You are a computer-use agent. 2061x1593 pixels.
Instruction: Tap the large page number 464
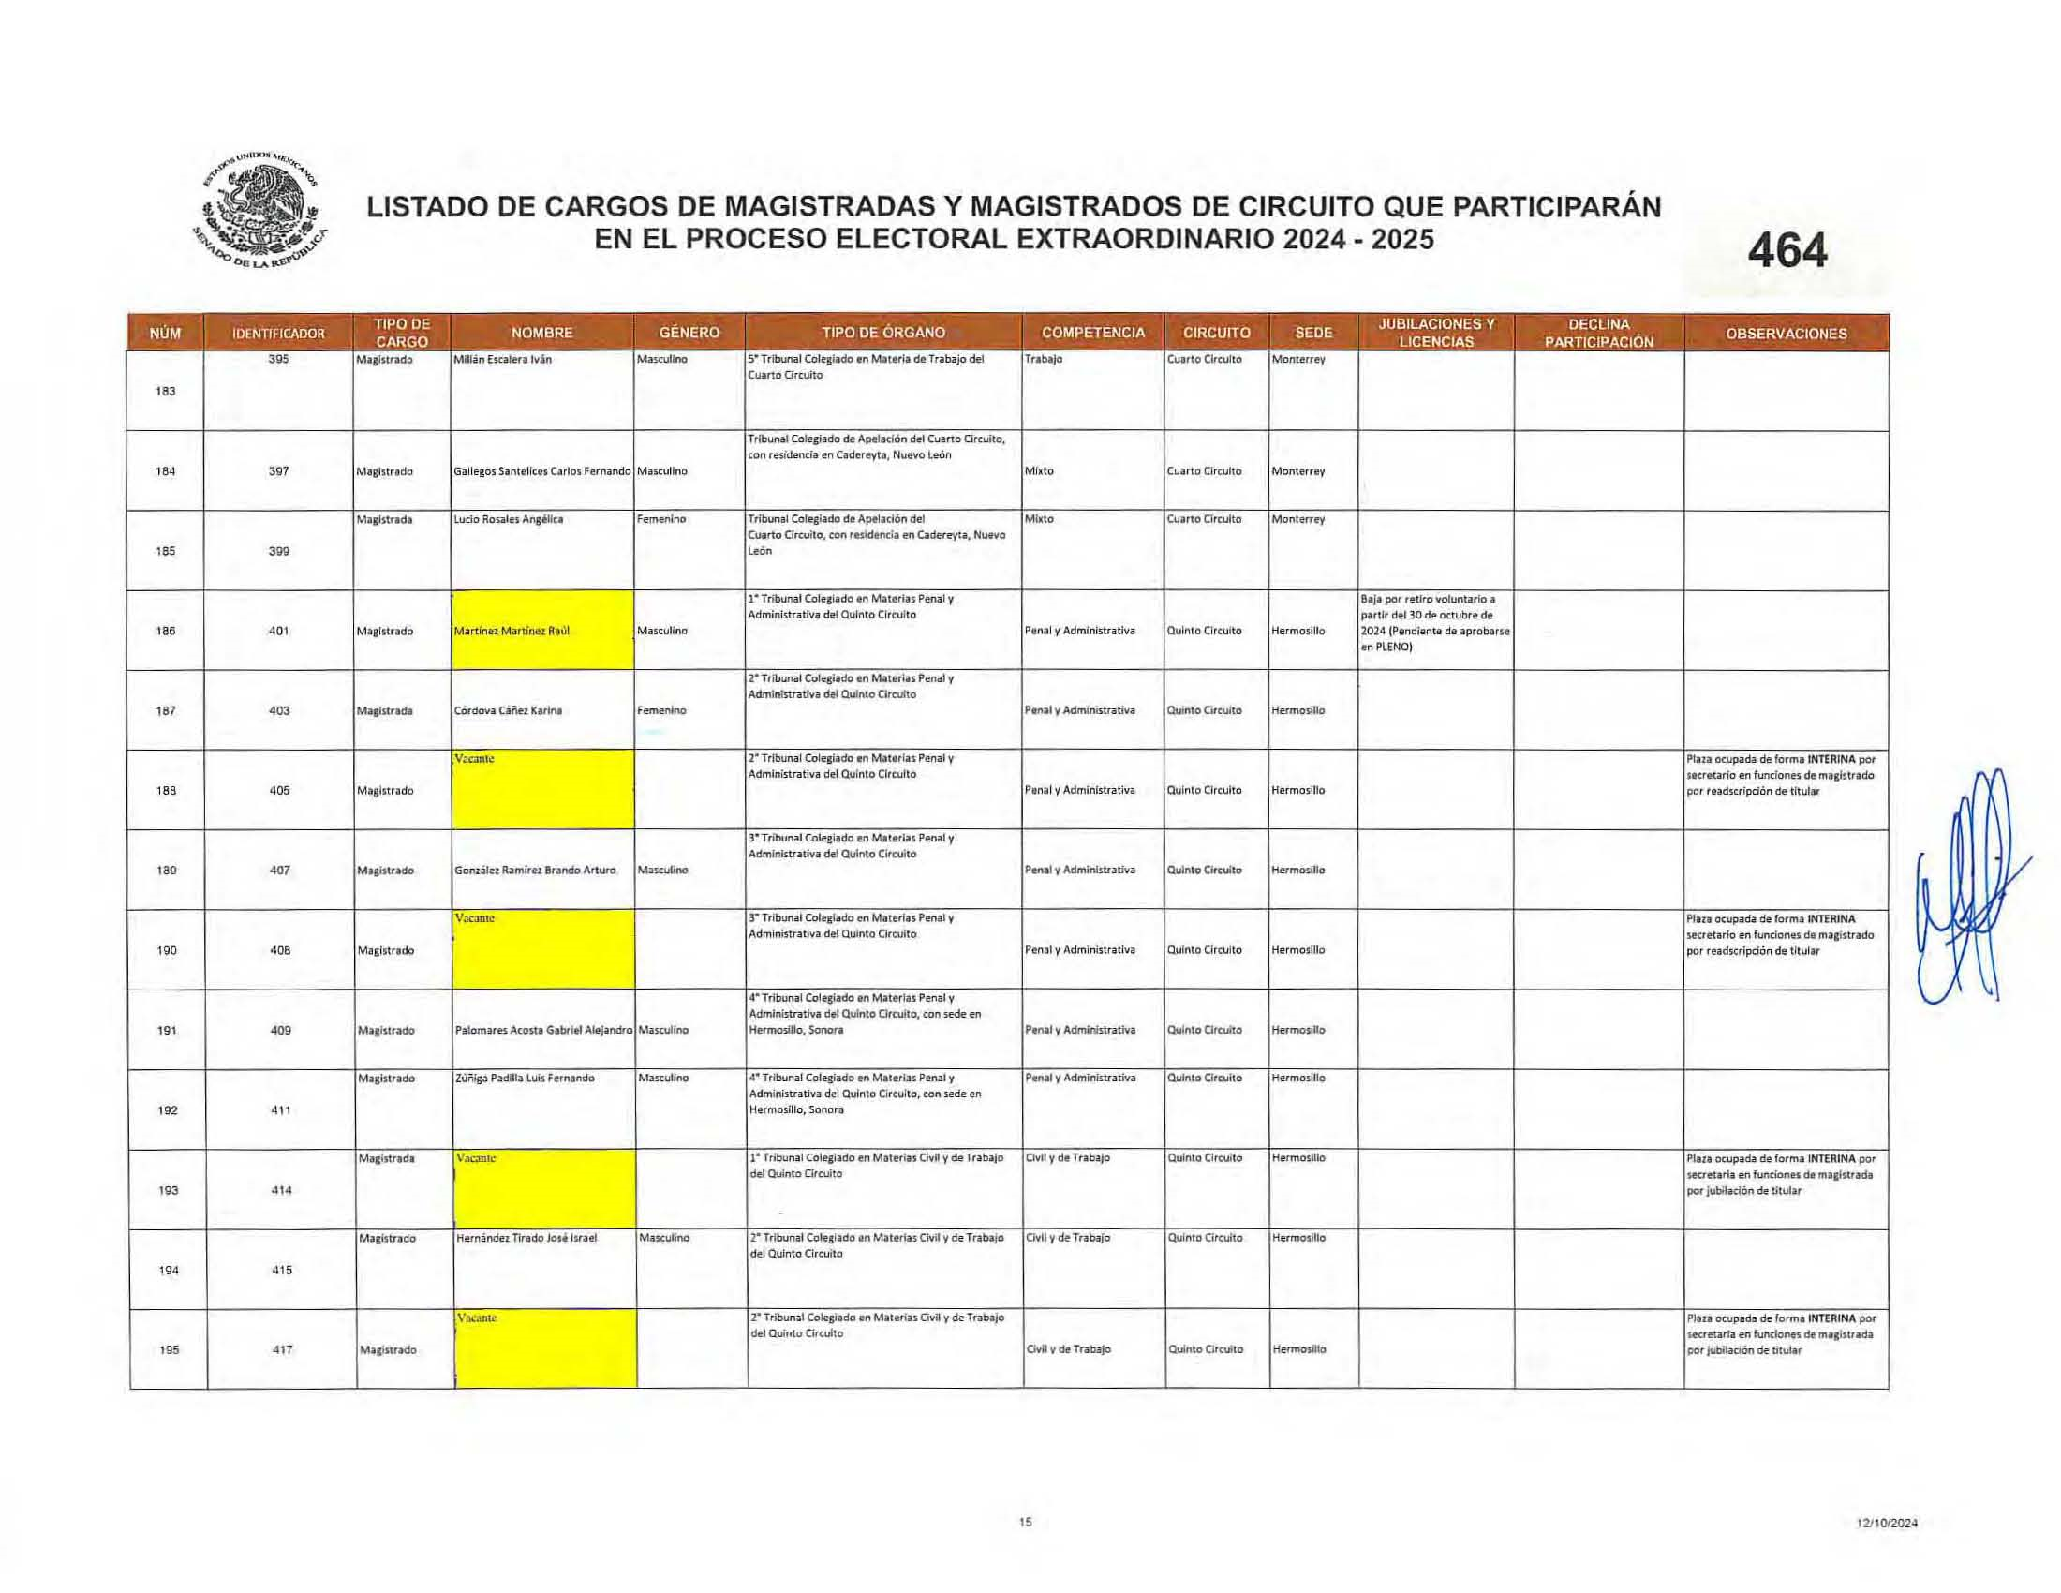pyautogui.click(x=1787, y=252)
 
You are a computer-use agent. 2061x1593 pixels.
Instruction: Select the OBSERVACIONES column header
pyautogui.click(x=1786, y=334)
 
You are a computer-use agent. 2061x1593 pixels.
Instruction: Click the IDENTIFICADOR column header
pyautogui.click(x=278, y=334)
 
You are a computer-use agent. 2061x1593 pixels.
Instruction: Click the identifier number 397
pyautogui.click(x=278, y=471)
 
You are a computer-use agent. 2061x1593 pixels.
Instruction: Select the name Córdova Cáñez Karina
pyautogui.click(x=508, y=710)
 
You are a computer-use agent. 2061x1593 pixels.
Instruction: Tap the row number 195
pyautogui.click(x=169, y=1349)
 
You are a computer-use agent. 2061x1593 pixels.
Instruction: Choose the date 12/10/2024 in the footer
pyautogui.click(x=1888, y=1522)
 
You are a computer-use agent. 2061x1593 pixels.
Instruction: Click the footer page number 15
pyautogui.click(x=1026, y=1521)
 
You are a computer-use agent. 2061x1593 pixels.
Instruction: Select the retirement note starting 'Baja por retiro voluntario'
pyautogui.click(x=1434, y=623)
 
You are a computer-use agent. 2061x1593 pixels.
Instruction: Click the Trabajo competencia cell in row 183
pyautogui.click(x=1044, y=360)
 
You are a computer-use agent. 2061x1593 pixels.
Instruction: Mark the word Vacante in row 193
pyautogui.click(x=476, y=1158)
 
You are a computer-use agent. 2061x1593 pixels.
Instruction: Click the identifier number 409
pyautogui.click(x=280, y=1031)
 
